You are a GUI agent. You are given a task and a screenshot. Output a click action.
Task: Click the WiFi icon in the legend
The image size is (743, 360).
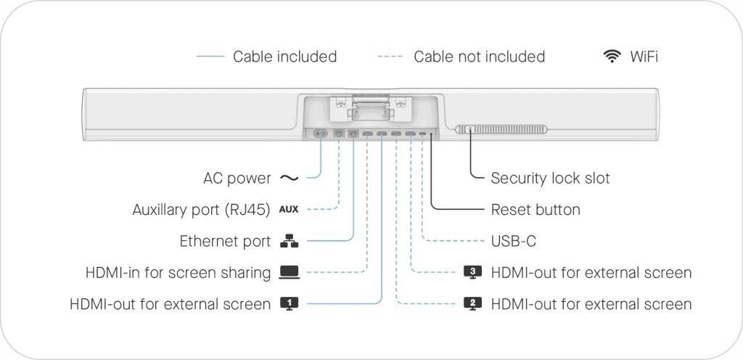(x=612, y=57)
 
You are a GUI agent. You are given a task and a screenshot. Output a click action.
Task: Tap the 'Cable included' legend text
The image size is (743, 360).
(x=284, y=57)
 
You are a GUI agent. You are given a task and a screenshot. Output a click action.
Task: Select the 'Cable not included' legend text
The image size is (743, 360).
(x=479, y=57)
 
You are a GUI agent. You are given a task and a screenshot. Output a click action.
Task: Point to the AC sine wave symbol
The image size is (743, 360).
(x=289, y=178)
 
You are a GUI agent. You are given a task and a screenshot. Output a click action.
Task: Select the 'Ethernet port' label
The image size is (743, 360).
(x=225, y=241)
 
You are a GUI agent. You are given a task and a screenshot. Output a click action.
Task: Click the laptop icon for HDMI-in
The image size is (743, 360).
(x=289, y=272)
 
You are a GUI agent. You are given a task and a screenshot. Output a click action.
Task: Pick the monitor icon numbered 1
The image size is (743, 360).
(x=289, y=303)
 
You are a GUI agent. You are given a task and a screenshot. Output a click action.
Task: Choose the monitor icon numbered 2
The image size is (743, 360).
(x=472, y=303)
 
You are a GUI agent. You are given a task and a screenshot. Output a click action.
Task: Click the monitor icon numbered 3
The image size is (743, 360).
(x=472, y=272)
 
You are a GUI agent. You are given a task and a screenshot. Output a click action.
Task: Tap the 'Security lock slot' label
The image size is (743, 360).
(x=551, y=178)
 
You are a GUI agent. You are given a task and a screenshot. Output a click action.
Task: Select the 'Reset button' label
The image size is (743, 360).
(x=535, y=210)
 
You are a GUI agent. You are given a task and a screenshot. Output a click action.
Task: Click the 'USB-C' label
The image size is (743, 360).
(x=513, y=241)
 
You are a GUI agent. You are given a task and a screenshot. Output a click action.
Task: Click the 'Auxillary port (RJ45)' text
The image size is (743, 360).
(x=201, y=210)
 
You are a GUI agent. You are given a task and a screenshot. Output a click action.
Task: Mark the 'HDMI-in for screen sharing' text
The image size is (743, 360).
(x=178, y=272)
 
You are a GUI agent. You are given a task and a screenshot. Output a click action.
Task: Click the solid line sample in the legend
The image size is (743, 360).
(x=210, y=57)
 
